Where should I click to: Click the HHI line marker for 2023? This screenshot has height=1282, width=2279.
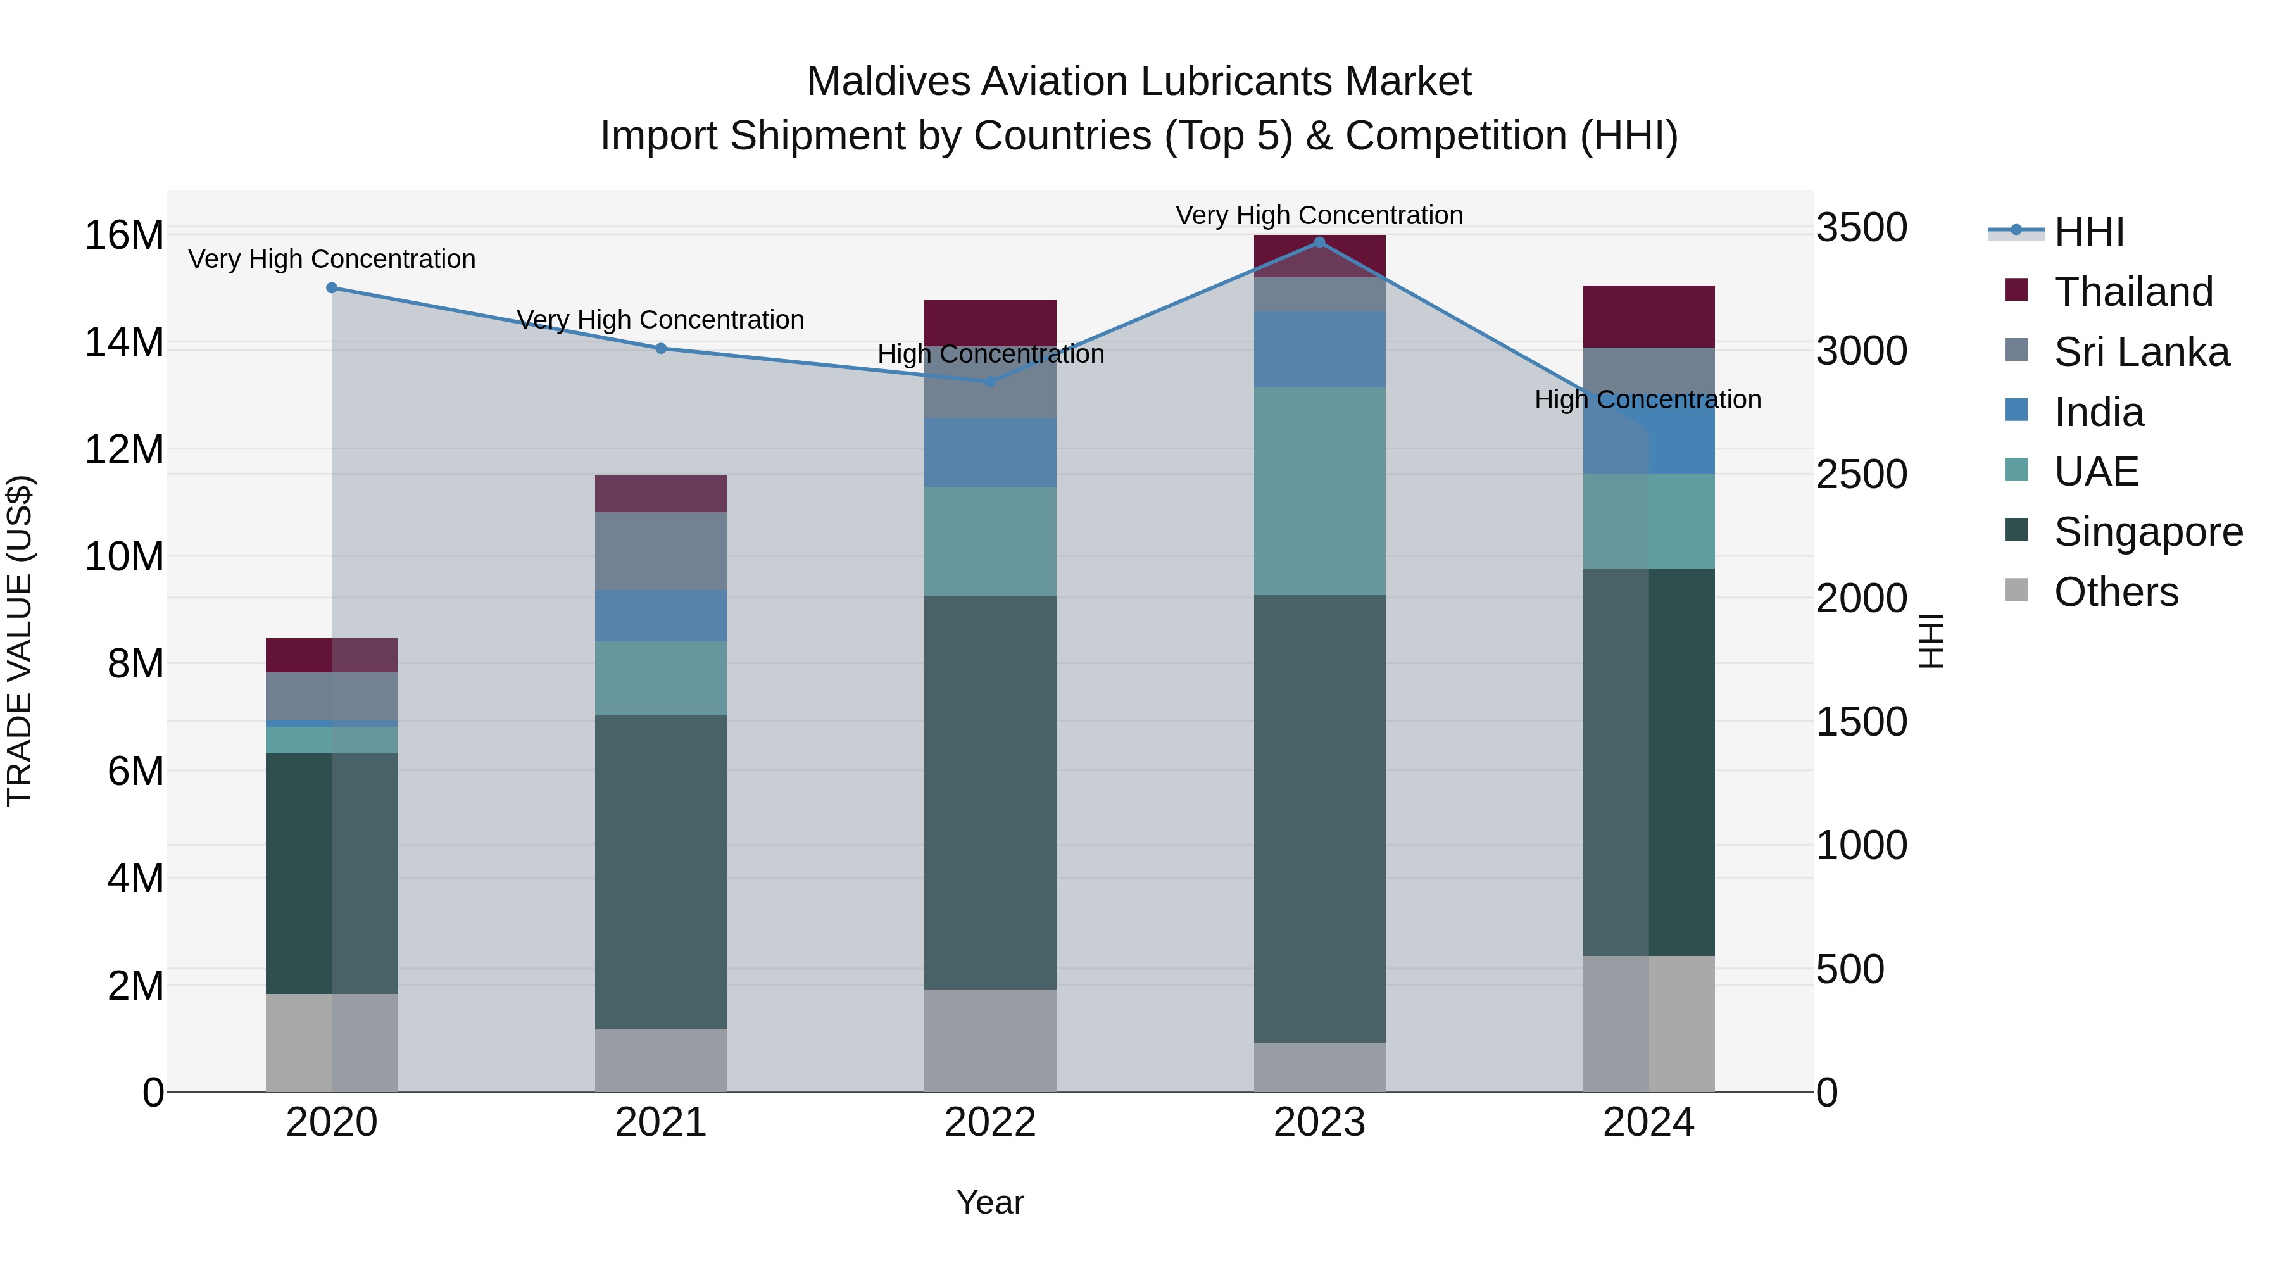click(1319, 242)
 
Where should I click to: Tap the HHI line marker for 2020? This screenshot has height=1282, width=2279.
click(332, 287)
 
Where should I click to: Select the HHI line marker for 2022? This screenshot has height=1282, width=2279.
click(990, 381)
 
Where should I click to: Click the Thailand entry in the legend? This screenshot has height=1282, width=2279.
click(2132, 292)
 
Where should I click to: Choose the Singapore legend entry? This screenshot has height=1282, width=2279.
click(2147, 532)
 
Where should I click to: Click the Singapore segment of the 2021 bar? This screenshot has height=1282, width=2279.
click(661, 872)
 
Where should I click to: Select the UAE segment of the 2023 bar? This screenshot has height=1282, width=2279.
click(1319, 491)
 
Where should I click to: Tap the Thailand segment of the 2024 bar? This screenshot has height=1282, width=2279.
click(1648, 317)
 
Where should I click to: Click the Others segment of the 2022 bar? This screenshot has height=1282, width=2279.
click(990, 1040)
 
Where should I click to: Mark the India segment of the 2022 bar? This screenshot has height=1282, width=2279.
click(990, 452)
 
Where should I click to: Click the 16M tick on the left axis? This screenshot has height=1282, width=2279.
click(124, 236)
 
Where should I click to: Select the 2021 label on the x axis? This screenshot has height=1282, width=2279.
click(661, 1122)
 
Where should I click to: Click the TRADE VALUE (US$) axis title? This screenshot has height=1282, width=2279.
click(20, 641)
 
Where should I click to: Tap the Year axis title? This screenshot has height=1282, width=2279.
click(990, 1202)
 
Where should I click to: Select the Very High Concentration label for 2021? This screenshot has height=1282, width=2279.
click(660, 320)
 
